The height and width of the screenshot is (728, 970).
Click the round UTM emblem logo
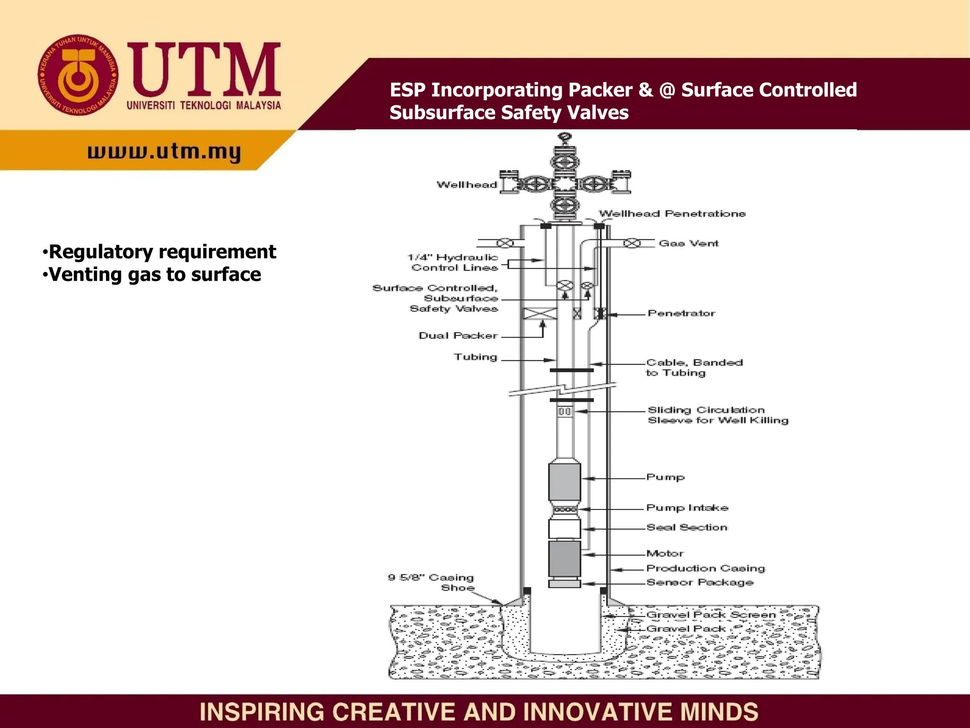[x=78, y=75]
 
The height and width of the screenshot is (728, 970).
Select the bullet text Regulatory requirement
[x=162, y=252]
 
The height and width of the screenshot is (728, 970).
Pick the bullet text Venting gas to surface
[x=155, y=274]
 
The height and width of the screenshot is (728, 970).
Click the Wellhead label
[x=467, y=185]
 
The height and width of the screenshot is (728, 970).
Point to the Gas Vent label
[x=689, y=243]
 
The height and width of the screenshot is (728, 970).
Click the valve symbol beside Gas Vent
[x=631, y=243]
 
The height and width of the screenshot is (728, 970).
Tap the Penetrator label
[x=682, y=313]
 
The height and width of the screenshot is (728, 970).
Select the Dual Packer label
[x=458, y=336]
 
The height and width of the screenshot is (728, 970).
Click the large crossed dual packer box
[x=540, y=313]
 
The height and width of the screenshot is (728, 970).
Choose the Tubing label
[x=476, y=357]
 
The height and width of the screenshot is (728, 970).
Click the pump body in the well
[x=565, y=481]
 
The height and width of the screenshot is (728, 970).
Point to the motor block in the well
[x=565, y=559]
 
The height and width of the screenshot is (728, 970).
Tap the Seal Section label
[x=687, y=528]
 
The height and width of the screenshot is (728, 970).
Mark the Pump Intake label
[x=687, y=508]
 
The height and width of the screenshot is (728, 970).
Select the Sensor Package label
[x=700, y=582]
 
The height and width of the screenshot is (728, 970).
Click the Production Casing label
[x=706, y=568]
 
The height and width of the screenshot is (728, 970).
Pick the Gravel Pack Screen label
[x=711, y=615]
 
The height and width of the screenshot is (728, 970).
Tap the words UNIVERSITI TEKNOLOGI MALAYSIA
[x=204, y=105]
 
